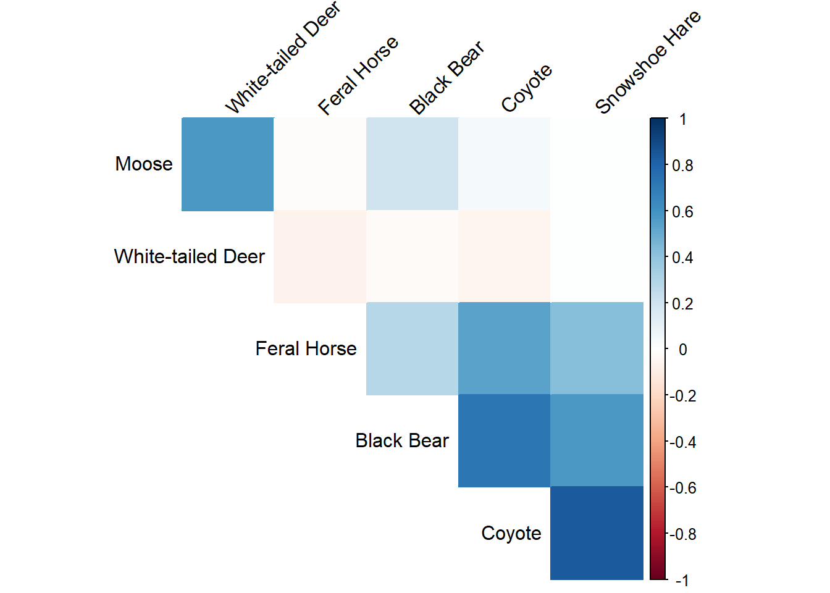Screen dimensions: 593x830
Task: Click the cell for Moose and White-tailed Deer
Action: click(227, 164)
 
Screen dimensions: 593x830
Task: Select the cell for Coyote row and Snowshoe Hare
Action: click(597, 533)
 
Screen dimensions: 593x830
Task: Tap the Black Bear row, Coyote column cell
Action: click(504, 440)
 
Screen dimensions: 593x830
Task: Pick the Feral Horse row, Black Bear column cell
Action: click(412, 348)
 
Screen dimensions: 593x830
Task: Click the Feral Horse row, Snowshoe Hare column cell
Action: click(597, 348)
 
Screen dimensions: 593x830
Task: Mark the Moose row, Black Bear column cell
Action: click(412, 164)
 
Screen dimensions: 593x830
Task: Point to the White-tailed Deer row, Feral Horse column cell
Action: click(320, 256)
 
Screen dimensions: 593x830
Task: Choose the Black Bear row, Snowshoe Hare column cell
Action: click(597, 440)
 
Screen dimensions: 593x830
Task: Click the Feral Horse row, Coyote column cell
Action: click(504, 348)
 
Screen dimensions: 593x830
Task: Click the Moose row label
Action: click(144, 164)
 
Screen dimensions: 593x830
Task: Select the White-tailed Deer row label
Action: click(190, 256)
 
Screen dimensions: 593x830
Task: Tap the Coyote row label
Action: click(511, 533)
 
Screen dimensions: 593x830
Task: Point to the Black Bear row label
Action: click(402, 440)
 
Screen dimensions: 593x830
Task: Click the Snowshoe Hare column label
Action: click(647, 62)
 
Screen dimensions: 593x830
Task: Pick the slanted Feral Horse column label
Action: click(358, 75)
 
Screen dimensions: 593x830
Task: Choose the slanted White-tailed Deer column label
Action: click(282, 58)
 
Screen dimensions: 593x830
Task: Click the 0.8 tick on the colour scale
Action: click(682, 166)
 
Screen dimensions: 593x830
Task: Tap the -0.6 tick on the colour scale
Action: click(683, 488)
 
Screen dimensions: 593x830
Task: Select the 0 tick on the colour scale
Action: click(682, 350)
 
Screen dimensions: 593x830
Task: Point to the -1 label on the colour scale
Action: click(682, 581)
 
